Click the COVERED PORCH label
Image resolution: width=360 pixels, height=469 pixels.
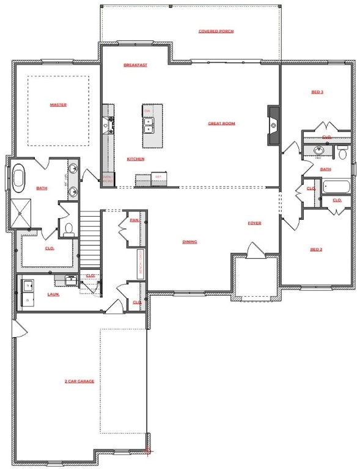point(216,31)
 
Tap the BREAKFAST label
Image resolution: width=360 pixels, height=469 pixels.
point(135,65)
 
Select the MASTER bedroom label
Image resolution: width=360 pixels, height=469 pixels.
point(58,105)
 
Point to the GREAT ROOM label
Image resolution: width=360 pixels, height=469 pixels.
point(221,123)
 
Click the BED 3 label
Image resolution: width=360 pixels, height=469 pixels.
point(317,92)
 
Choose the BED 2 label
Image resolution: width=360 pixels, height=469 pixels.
point(316,249)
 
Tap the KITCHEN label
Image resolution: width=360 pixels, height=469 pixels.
point(135,159)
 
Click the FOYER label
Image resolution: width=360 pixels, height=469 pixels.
point(254,223)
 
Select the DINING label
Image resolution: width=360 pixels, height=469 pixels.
point(189,242)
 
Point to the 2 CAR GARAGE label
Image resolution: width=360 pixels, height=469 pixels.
point(79,381)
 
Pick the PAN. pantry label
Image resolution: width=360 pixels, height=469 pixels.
point(134,220)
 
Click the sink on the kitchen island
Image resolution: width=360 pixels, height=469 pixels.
point(148,125)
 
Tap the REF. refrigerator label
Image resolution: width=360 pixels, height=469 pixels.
point(158,177)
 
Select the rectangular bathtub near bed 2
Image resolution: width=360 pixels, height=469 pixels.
point(336,187)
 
